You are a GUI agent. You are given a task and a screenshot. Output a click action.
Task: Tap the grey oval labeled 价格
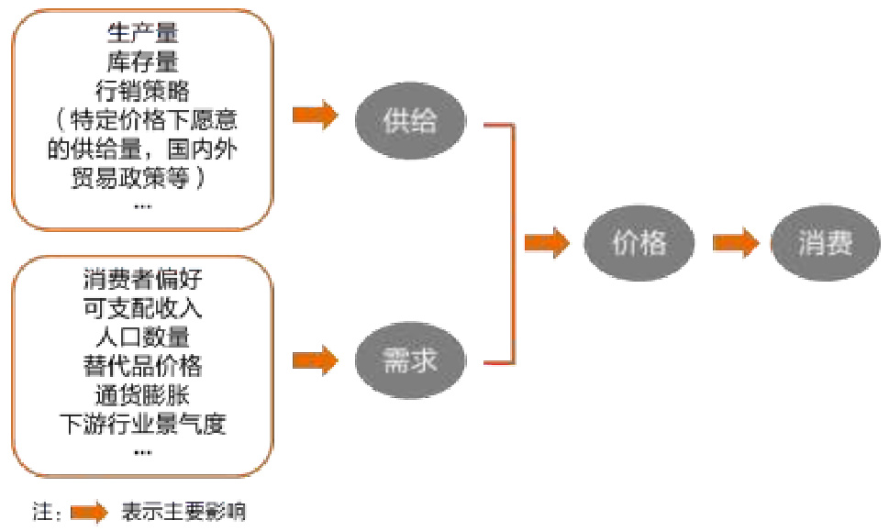point(639,243)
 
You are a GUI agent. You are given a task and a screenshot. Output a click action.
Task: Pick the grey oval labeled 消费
point(826,243)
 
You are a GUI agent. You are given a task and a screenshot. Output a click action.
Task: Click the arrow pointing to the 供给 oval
point(316,116)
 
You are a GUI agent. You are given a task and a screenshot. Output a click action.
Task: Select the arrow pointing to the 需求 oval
point(316,358)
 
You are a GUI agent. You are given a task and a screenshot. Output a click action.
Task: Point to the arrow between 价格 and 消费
point(736,243)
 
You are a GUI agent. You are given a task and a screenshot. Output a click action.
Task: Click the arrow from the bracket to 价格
point(547,243)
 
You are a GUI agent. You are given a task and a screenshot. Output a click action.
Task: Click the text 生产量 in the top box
point(142,34)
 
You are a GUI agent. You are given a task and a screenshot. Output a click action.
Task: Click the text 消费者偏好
point(142,280)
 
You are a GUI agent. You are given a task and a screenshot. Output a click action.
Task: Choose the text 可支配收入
point(142,308)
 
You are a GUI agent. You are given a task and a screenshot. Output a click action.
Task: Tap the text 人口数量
point(142,337)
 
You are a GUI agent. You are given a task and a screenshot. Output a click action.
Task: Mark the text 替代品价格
point(142,366)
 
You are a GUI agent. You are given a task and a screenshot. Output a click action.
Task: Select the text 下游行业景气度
point(142,424)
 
